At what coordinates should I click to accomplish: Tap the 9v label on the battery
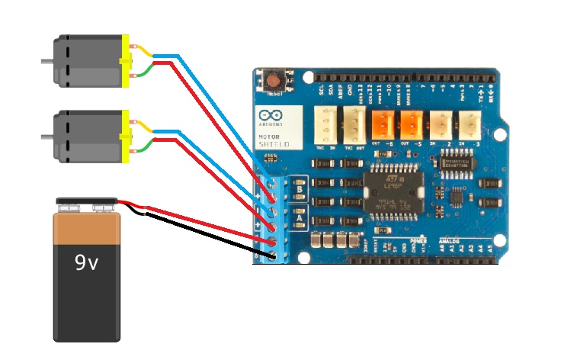86,263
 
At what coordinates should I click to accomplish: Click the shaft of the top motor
46,59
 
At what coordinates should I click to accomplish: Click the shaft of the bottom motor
46,135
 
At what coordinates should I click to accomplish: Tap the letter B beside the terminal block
300,185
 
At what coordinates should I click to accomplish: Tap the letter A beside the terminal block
300,218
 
